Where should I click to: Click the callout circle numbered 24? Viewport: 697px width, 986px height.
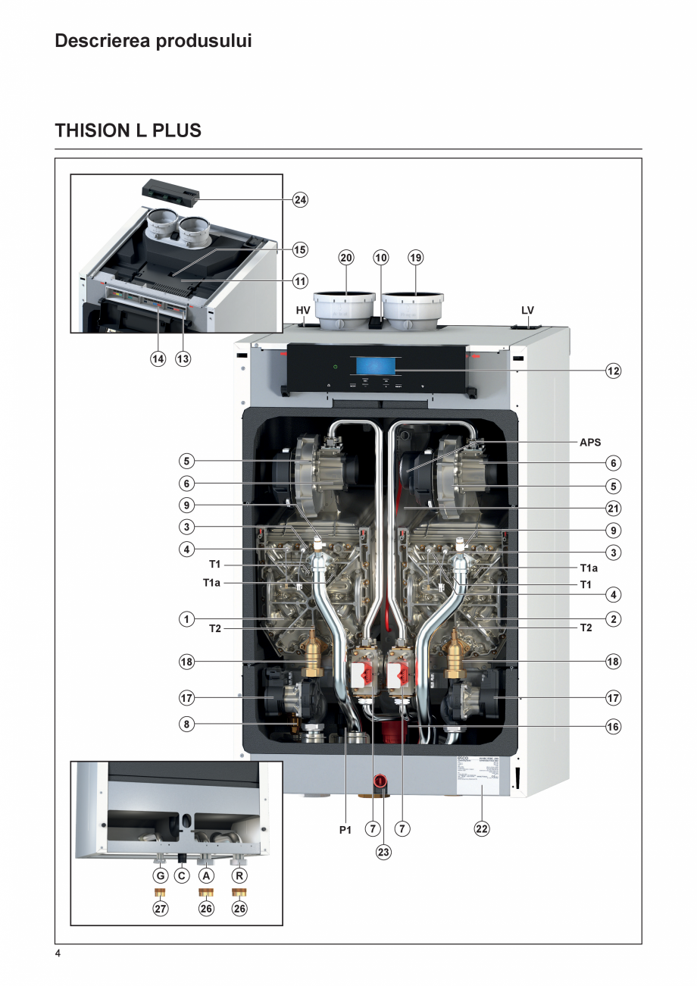click(x=301, y=200)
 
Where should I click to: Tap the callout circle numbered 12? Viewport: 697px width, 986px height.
click(x=613, y=371)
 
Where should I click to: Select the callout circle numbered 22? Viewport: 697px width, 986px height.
click(x=482, y=829)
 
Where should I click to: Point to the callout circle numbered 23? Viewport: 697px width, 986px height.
click(x=383, y=852)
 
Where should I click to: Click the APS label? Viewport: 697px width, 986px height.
click(x=590, y=442)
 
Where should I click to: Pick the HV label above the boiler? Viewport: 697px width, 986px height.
click(x=303, y=311)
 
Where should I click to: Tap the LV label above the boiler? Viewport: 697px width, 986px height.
click(x=527, y=311)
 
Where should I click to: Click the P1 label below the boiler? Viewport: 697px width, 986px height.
click(x=345, y=830)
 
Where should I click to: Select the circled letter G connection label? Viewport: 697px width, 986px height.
click(x=161, y=875)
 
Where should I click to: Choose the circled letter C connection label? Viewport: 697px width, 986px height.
click(x=182, y=875)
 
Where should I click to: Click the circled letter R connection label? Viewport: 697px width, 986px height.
click(x=239, y=875)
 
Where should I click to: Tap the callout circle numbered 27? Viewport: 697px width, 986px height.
click(x=161, y=908)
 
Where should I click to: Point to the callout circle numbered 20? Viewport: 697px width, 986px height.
click(x=346, y=258)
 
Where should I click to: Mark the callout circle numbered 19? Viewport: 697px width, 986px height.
click(x=416, y=258)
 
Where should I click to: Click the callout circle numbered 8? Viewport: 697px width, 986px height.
click(x=186, y=724)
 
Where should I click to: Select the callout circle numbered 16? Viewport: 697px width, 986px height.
click(x=613, y=727)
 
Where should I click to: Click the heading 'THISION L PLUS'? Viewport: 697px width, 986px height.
click(x=128, y=130)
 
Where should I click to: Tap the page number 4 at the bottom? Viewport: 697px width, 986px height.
click(x=58, y=953)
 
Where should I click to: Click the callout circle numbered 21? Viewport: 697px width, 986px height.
click(x=613, y=507)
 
